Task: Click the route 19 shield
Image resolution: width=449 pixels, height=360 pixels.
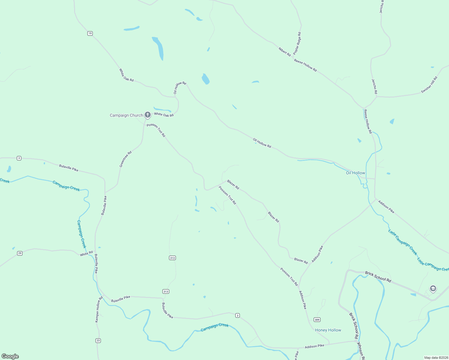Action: (x=90, y=33)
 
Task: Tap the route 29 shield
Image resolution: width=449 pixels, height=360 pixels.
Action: (x=20, y=253)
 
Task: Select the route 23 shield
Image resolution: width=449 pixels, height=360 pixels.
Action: (x=98, y=340)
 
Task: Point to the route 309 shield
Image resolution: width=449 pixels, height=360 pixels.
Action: (x=317, y=320)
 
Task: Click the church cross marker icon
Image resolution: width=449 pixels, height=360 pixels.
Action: (x=147, y=115)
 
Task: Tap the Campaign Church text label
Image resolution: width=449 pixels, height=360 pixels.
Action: (x=126, y=115)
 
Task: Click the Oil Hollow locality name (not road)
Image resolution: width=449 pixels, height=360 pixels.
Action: (x=355, y=173)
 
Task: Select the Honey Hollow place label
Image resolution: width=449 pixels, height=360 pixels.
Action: (x=328, y=330)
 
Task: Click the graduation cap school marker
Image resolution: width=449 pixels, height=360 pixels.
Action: (x=432, y=289)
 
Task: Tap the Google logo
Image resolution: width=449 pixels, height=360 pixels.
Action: (x=10, y=356)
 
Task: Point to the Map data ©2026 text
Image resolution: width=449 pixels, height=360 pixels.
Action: (x=435, y=358)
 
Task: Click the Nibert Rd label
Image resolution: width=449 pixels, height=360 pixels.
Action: (x=285, y=52)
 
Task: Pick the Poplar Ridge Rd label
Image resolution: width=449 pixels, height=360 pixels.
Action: (x=297, y=43)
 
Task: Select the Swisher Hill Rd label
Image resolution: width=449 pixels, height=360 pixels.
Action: (x=429, y=85)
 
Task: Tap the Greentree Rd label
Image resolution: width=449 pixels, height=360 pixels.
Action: (x=125, y=159)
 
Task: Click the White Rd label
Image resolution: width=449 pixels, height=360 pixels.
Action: (x=86, y=254)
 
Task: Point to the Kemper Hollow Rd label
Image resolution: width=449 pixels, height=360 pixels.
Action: (x=99, y=309)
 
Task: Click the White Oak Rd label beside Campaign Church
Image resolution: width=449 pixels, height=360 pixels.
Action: (x=164, y=115)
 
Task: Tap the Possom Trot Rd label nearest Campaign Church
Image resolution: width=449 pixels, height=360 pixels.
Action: (x=156, y=130)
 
